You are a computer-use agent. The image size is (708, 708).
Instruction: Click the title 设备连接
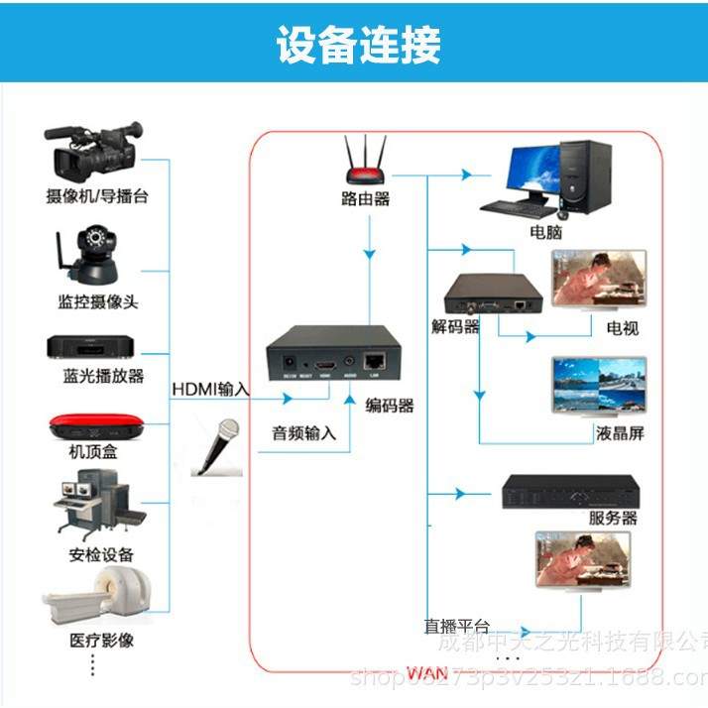coord(358,46)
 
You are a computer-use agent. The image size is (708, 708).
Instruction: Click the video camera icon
coord(92,149)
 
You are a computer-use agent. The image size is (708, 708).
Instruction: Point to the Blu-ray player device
coord(91,346)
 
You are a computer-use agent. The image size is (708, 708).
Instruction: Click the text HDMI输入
coord(210,389)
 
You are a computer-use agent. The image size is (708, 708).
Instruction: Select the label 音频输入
coord(304,433)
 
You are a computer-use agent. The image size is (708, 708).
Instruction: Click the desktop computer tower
coord(582,177)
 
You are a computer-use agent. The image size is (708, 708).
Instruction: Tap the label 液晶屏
coord(621,433)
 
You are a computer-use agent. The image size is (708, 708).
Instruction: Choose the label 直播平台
coord(456,626)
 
